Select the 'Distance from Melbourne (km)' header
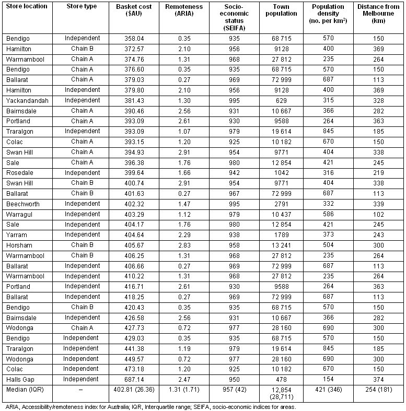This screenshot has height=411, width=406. click(378, 14)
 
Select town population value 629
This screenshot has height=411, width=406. click(285, 100)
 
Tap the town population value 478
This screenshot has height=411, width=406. click(285, 379)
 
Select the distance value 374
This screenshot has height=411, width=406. click(378, 379)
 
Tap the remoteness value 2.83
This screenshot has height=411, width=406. click(183, 245)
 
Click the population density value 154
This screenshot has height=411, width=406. click(328, 379)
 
